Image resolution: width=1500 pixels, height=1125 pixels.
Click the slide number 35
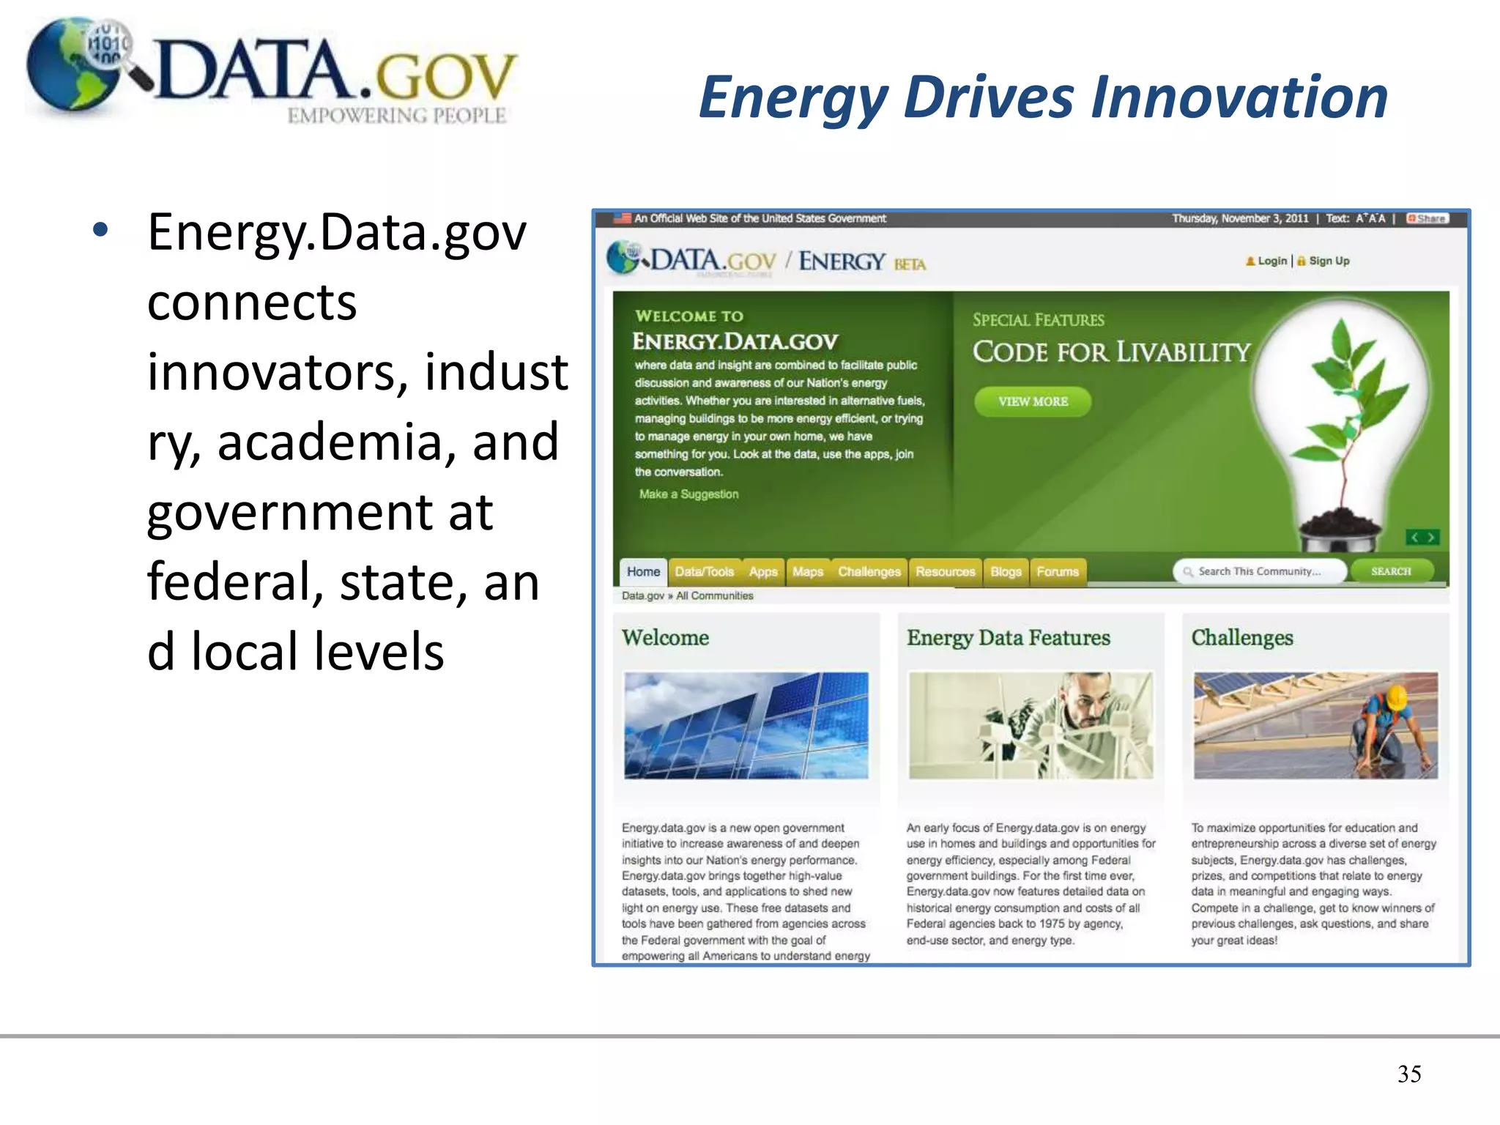[1408, 1074]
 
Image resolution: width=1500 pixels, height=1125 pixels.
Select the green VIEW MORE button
[1032, 401]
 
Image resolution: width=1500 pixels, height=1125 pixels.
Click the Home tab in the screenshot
[643, 571]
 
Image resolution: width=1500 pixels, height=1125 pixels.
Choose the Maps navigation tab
[807, 571]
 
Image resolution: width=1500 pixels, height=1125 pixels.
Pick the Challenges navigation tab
[869, 571]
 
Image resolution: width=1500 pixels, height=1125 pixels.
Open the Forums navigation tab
[1057, 571]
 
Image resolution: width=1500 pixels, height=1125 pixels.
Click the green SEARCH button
[1390, 571]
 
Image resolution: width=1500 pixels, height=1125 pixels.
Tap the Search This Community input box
[1259, 571]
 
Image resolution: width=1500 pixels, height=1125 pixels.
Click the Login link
[1271, 261]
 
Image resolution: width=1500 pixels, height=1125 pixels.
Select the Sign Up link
[1329, 261]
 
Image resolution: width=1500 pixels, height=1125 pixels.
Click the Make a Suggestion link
[688, 494]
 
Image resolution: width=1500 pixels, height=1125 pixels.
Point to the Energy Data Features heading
[1008, 637]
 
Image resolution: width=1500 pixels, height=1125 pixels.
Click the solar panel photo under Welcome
[746, 725]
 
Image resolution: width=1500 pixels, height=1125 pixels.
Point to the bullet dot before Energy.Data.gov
[100, 230]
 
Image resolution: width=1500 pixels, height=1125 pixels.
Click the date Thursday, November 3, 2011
[1239, 218]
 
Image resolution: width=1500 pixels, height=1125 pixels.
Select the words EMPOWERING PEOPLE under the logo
[396, 116]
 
